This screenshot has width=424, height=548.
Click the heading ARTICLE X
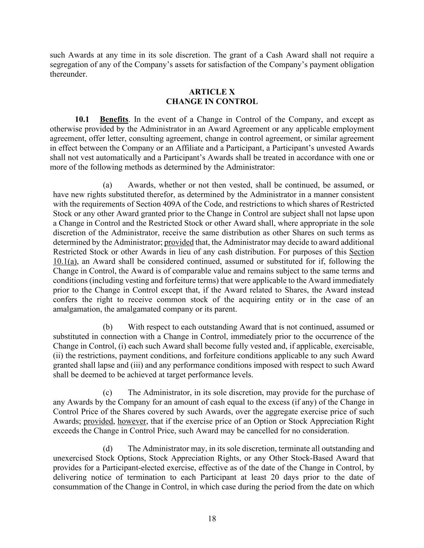point(212,92)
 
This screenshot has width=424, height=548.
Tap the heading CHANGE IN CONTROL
point(212,102)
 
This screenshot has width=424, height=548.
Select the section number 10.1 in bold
point(82,119)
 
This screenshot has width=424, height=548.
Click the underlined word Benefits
point(114,119)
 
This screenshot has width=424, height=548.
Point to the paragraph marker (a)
point(107,185)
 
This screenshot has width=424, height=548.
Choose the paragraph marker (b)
point(107,327)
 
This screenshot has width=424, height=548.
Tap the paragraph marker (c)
point(107,392)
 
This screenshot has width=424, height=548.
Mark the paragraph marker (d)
point(107,448)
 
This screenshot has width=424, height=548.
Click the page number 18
point(212,519)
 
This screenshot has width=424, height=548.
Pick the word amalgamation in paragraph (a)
point(77,309)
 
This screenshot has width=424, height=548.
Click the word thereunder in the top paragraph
point(68,74)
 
